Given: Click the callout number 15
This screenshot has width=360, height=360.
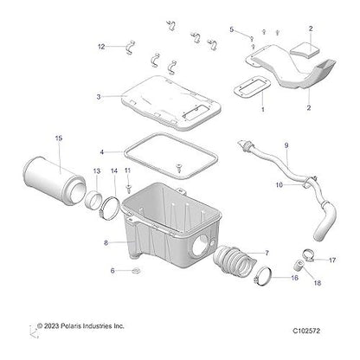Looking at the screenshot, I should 59,138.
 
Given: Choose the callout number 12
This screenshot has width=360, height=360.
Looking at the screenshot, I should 100,46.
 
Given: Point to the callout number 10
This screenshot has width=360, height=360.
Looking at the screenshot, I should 279,184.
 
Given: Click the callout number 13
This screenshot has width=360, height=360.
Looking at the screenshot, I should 97,171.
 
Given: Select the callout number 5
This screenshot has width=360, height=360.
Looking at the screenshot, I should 232,29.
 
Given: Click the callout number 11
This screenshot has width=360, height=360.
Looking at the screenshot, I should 127,171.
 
